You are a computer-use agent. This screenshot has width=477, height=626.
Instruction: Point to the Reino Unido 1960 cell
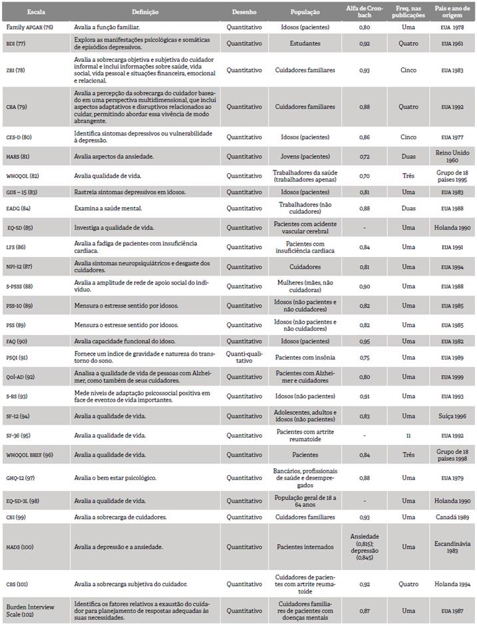click(451, 156)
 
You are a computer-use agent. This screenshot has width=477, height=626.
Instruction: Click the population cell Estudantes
click(305, 44)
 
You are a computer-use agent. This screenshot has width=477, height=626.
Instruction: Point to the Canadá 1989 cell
click(451, 516)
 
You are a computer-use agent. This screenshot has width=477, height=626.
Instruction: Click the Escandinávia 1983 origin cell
click(451, 547)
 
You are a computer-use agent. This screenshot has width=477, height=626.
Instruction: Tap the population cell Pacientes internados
click(305, 547)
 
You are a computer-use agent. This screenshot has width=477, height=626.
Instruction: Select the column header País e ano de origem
click(451, 12)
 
